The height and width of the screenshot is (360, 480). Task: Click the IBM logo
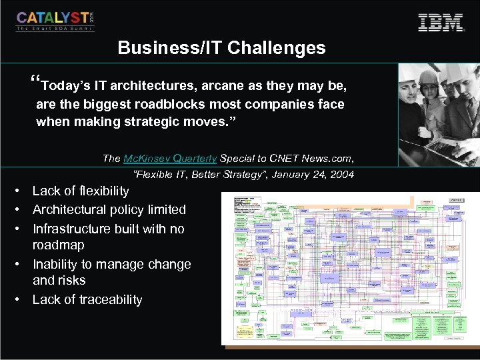tap(440, 22)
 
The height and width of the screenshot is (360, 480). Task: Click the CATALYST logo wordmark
tap(52, 19)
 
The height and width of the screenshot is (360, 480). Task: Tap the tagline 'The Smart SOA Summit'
tap(55, 29)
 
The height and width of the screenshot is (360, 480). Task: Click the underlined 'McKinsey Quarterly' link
tap(170, 159)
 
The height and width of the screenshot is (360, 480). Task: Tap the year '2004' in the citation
tap(341, 175)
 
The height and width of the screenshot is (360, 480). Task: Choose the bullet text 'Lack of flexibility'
tap(81, 191)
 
